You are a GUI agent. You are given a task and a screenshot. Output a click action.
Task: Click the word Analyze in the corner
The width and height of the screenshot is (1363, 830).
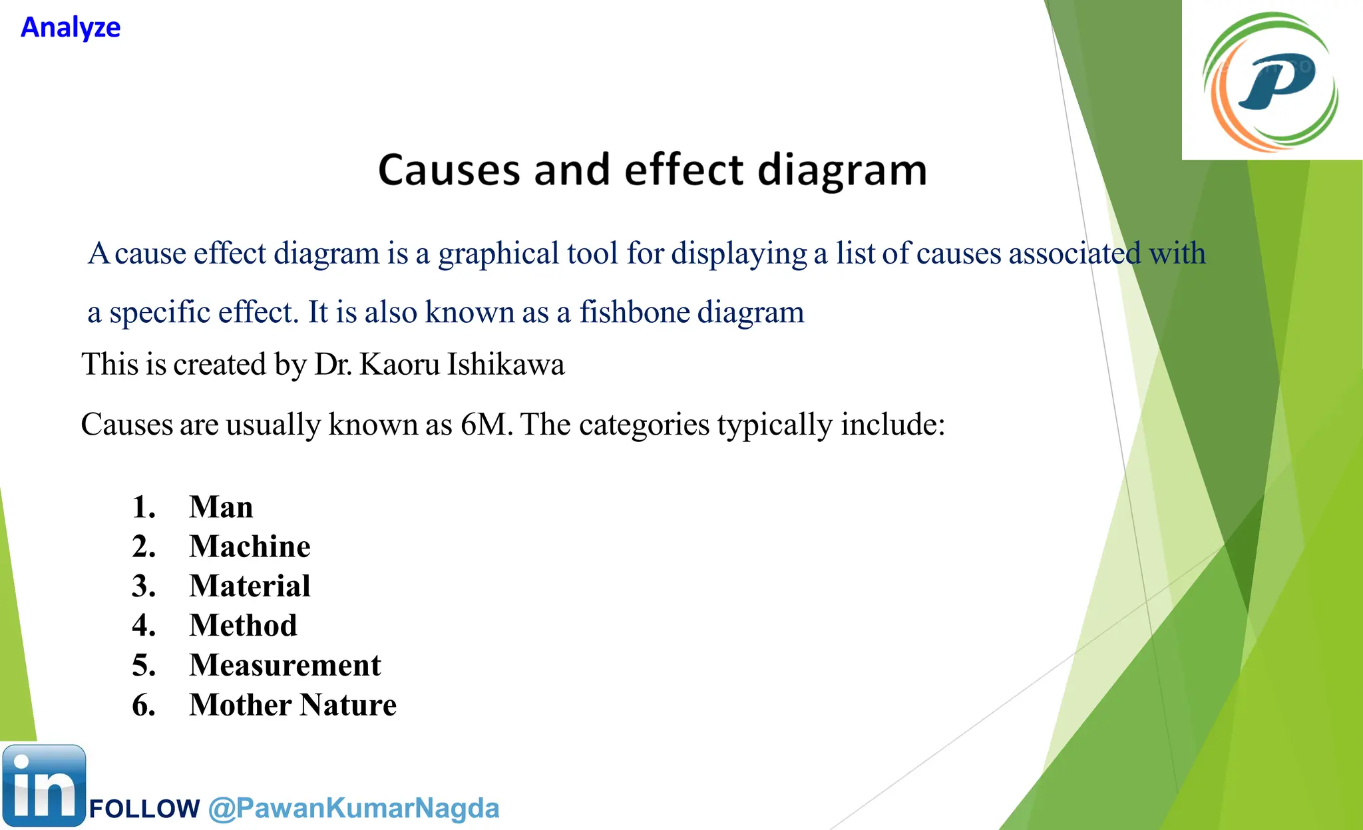pyautogui.click(x=71, y=28)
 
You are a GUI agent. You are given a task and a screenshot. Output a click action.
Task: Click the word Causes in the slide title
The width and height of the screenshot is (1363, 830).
pyautogui.click(x=449, y=170)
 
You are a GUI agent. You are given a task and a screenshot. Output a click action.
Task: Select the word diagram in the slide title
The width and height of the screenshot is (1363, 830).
pyautogui.click(x=842, y=171)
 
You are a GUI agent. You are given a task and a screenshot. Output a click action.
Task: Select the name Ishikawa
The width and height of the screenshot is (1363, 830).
pyautogui.click(x=506, y=365)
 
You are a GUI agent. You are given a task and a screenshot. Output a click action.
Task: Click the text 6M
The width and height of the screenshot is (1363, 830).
pyautogui.click(x=485, y=425)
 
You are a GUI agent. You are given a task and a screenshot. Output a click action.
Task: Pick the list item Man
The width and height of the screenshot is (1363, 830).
pyautogui.click(x=221, y=507)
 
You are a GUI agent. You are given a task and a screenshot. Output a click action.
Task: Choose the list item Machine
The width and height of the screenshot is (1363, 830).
pyautogui.click(x=250, y=546)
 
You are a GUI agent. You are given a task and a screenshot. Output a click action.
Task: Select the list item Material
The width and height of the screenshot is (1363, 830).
pyautogui.click(x=250, y=586)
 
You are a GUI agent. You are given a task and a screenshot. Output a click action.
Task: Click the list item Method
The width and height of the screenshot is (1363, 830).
pyautogui.click(x=243, y=626)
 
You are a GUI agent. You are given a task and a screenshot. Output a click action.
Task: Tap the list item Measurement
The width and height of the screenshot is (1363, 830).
pyautogui.click(x=285, y=666)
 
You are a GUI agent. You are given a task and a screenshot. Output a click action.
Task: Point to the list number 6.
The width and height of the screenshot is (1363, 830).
pyautogui.click(x=143, y=705)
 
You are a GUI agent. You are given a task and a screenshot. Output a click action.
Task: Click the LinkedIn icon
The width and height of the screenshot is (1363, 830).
pyautogui.click(x=44, y=786)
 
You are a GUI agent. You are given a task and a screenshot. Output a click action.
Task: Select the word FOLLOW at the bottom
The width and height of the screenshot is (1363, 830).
pyautogui.click(x=144, y=809)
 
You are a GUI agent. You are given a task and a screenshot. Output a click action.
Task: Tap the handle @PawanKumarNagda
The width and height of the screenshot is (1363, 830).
pyautogui.click(x=353, y=809)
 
